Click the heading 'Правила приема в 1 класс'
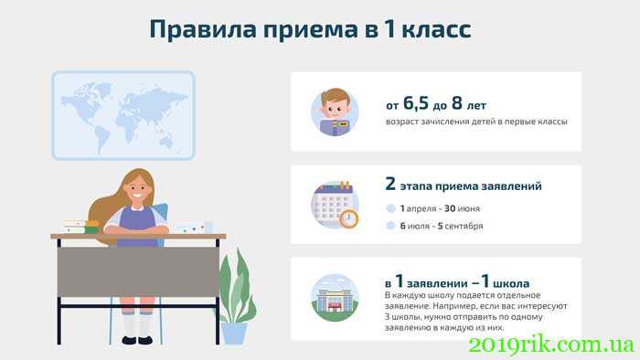point(310,29)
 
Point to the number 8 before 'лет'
point(456,103)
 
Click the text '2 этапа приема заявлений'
point(464,185)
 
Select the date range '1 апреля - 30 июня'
point(441,208)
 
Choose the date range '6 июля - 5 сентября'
point(441,226)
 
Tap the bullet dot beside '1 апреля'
point(390,208)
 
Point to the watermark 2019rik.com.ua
point(550,345)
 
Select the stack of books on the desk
point(80,226)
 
